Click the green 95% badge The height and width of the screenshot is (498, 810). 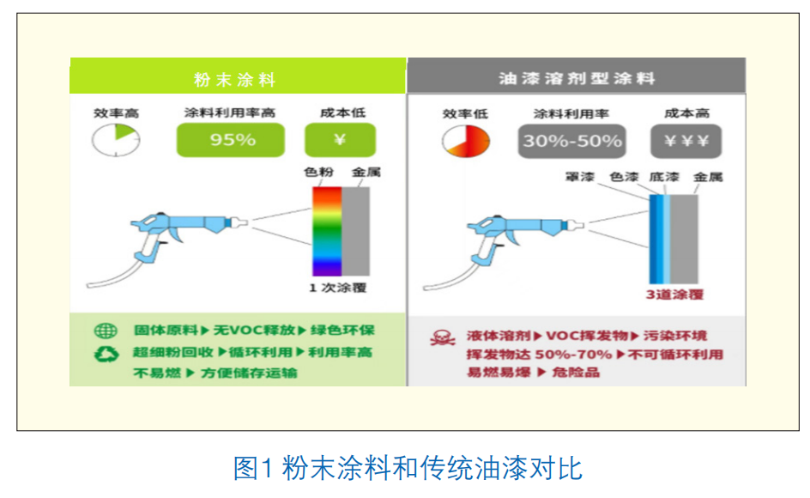[x=231, y=140]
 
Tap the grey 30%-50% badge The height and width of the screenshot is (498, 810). [x=571, y=141]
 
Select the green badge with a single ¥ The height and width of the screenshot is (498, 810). [x=340, y=140]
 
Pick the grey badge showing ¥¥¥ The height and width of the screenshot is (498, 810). [x=686, y=141]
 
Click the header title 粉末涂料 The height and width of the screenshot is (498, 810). [x=235, y=80]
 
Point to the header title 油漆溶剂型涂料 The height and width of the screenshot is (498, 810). [x=577, y=79]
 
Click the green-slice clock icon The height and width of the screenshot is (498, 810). [x=116, y=140]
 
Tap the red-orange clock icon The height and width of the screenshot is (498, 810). [x=465, y=141]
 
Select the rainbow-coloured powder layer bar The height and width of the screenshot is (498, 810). [x=327, y=231]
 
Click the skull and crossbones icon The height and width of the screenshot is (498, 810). [x=442, y=338]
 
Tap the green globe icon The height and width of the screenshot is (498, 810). [x=106, y=331]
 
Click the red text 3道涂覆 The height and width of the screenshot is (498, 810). [x=674, y=295]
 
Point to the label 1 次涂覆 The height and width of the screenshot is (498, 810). [x=338, y=288]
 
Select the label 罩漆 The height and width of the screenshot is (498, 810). [x=579, y=177]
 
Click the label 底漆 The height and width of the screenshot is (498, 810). [x=664, y=177]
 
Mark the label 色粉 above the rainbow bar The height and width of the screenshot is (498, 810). [x=318, y=172]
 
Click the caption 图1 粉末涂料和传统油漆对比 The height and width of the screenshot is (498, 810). [x=408, y=468]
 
